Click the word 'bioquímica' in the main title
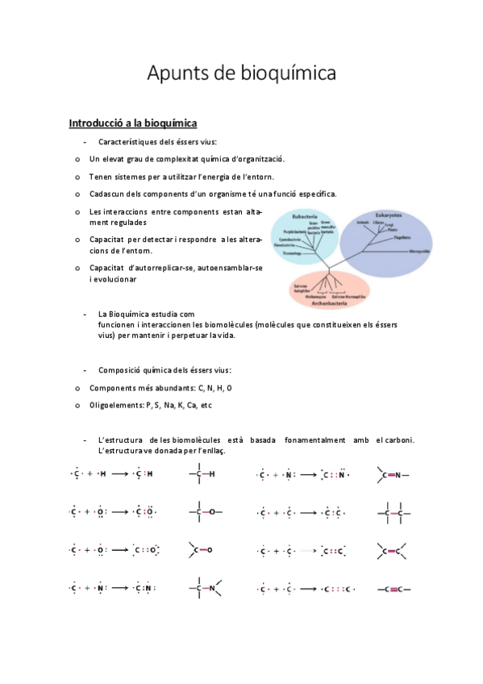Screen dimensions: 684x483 tap(288, 74)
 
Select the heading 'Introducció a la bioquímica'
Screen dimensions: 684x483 tap(133, 123)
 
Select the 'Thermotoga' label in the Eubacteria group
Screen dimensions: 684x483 tap(291, 253)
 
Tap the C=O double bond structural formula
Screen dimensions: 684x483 tap(201, 550)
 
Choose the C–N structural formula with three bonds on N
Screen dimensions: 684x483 tap(203, 589)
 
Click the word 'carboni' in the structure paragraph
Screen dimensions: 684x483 tap(398, 440)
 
